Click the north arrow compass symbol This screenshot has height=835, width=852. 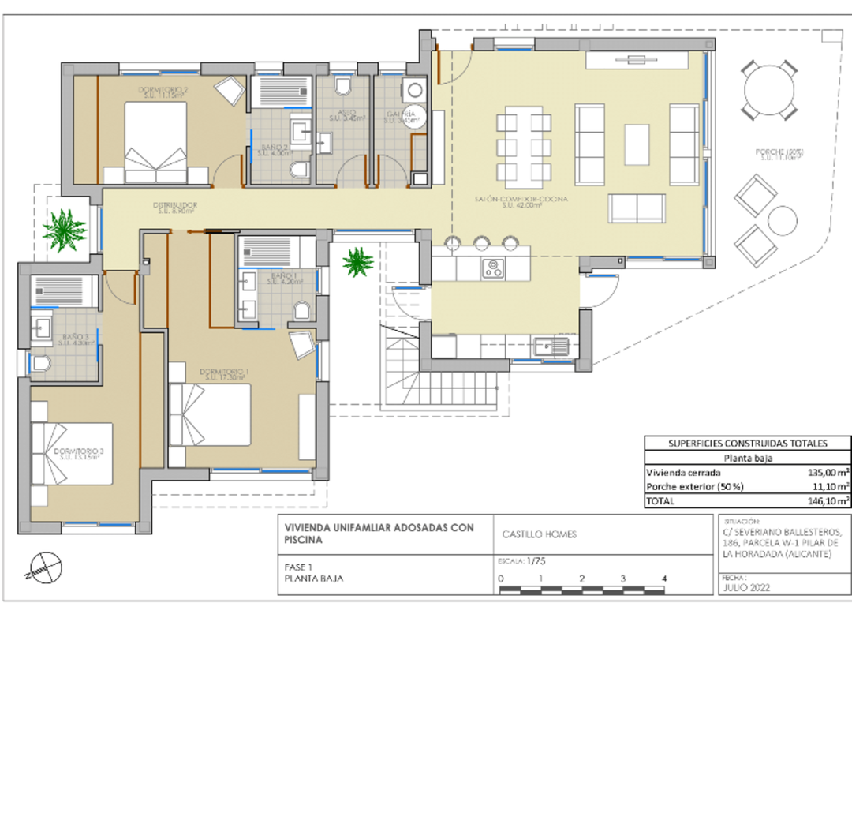44,566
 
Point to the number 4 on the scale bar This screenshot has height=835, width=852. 664,579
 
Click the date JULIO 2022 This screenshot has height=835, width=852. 746,588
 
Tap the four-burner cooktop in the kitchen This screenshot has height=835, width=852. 494,268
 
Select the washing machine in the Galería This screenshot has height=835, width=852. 414,88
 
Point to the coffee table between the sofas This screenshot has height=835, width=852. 637,144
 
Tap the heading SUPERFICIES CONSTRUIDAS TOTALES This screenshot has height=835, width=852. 747,444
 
